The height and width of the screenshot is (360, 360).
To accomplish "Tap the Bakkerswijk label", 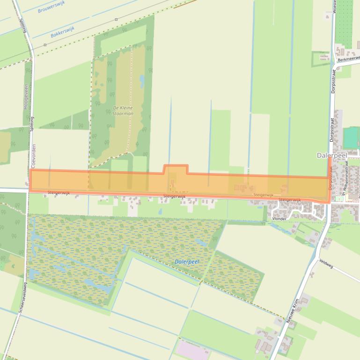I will coord(63,32).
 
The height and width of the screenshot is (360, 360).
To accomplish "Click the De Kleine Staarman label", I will coord(123,111).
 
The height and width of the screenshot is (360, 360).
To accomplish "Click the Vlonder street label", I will coord(279,218).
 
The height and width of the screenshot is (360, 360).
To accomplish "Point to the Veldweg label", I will coord(326,265).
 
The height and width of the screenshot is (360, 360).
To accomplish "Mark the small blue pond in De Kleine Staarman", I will coord(142,81).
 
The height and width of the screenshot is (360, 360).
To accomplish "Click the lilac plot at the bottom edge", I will coord(192,351).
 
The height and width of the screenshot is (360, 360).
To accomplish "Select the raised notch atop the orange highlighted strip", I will coord(176,169).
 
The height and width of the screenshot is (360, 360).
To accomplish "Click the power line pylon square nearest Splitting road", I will coord(45,45).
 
